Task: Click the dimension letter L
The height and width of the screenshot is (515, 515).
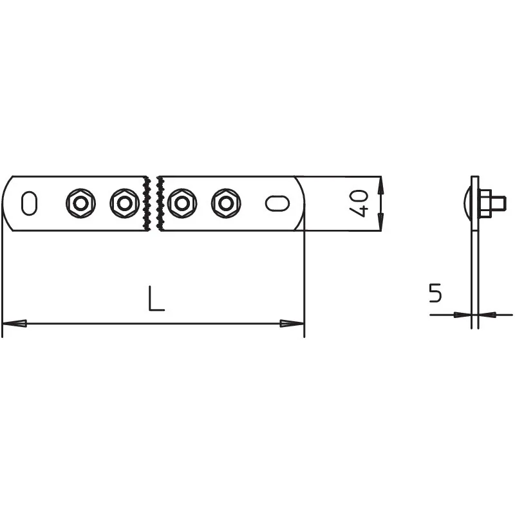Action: click(156, 298)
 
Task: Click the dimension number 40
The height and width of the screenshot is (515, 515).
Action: click(359, 203)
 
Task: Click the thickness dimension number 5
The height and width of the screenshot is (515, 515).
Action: click(436, 293)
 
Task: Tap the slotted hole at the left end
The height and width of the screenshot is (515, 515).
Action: click(29, 203)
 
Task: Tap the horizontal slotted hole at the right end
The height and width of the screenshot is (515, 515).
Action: click(277, 203)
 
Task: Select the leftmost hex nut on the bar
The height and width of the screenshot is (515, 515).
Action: click(80, 203)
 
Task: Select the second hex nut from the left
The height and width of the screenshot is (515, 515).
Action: click(124, 203)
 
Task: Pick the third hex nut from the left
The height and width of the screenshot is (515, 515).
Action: click(182, 203)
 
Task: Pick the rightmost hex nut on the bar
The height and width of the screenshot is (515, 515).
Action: click(226, 203)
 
